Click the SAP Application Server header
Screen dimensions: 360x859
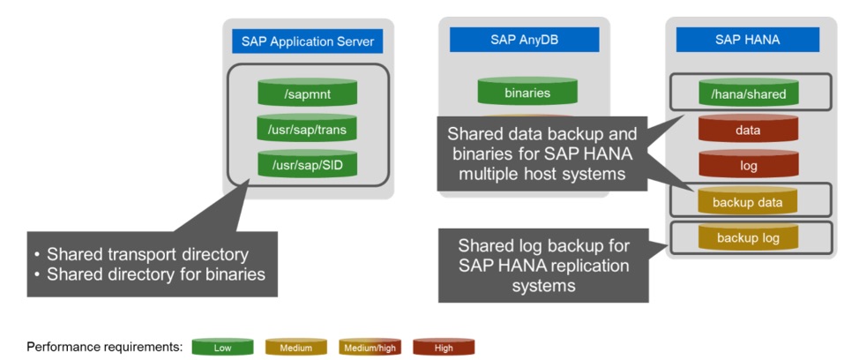pyautogui.click(x=308, y=41)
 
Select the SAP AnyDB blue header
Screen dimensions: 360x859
pyautogui.click(x=524, y=39)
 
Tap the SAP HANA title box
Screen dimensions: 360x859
pyautogui.click(x=746, y=39)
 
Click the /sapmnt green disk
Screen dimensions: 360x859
pyautogui.click(x=307, y=92)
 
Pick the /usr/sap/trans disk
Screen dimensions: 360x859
pyautogui.click(x=307, y=130)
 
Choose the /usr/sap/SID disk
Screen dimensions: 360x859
pyautogui.click(x=307, y=165)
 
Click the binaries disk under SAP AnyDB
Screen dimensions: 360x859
pyautogui.click(x=527, y=92)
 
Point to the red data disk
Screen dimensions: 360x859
pyautogui.click(x=748, y=129)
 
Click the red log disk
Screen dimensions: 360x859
pyautogui.click(x=748, y=165)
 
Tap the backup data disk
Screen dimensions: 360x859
pyautogui.click(x=748, y=201)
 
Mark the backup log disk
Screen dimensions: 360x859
pyautogui.click(x=748, y=237)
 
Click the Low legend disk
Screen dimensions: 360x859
pyautogui.click(x=222, y=347)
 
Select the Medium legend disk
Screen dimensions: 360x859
pyautogui.click(x=295, y=347)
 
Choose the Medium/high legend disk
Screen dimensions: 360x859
pyautogui.click(x=370, y=347)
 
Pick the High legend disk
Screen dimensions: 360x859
pyautogui.click(x=444, y=347)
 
